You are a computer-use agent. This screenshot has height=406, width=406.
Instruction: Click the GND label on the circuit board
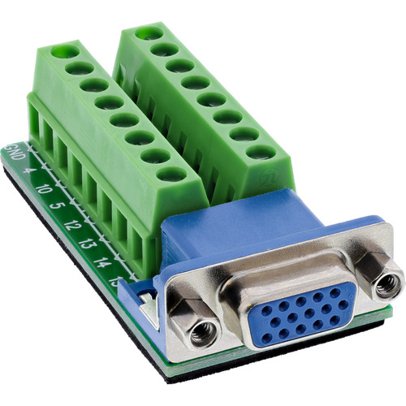14,152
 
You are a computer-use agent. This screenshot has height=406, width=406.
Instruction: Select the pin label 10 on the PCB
43,189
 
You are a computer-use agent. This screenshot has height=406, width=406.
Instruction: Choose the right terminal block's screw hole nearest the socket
260,152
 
